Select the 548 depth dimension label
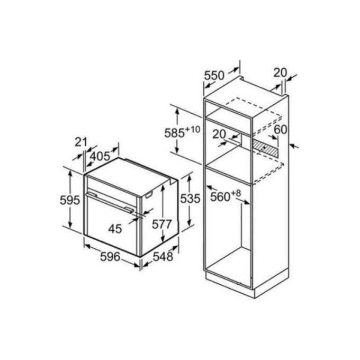click(x=163, y=257)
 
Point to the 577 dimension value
click(x=161, y=224)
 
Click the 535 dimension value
click(x=190, y=199)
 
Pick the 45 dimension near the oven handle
click(x=114, y=228)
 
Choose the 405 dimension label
click(x=100, y=157)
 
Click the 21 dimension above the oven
click(x=81, y=142)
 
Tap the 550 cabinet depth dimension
click(x=214, y=76)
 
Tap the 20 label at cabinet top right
click(x=280, y=72)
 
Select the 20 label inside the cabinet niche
click(x=220, y=134)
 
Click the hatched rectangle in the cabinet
click(x=265, y=148)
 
